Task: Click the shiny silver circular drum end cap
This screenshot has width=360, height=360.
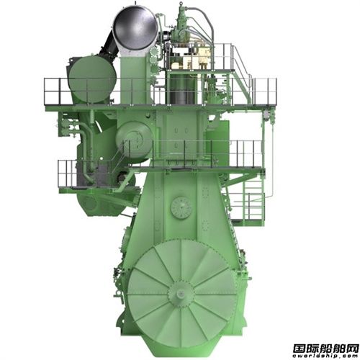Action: (x=135, y=27)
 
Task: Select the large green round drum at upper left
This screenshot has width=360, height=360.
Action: (x=92, y=79)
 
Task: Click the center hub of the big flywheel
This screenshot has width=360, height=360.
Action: (x=181, y=293)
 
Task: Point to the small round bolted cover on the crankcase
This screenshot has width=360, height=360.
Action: (x=181, y=207)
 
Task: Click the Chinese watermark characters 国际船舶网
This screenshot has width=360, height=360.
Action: (x=325, y=348)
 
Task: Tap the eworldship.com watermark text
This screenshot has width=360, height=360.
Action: (x=325, y=356)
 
